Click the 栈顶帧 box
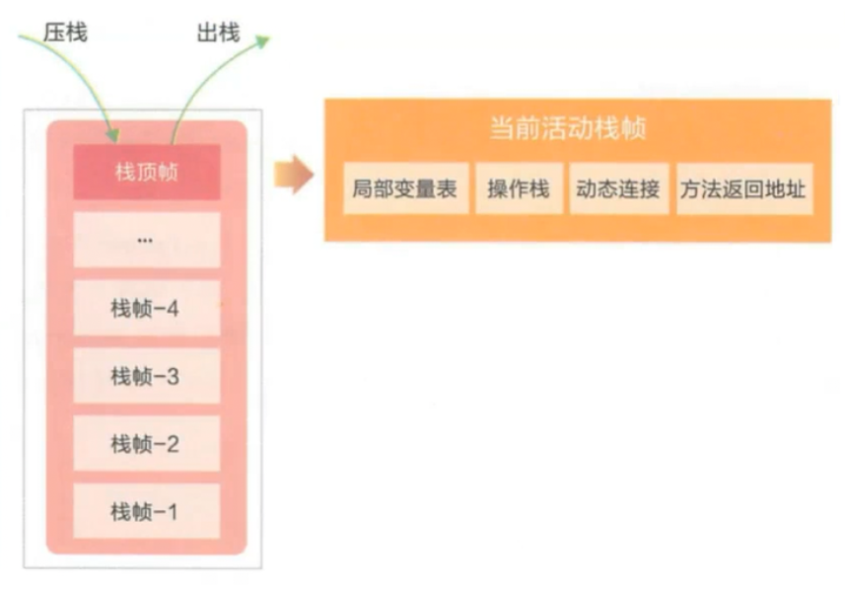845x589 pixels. tap(146, 172)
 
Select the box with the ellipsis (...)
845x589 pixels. tap(146, 240)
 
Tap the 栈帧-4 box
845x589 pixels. tap(146, 308)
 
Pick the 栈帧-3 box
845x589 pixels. tap(146, 376)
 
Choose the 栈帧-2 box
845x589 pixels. tap(146, 444)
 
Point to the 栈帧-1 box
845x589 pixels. tap(146, 512)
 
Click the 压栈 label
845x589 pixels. tap(65, 33)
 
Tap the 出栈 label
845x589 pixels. tap(218, 33)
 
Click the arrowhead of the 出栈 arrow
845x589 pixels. tap(262, 40)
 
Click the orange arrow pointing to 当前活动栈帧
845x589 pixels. tap(293, 176)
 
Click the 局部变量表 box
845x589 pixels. tap(404, 189)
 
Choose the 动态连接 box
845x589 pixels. tap(617, 189)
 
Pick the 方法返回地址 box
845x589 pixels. tap(743, 189)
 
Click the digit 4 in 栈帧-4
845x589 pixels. tap(174, 308)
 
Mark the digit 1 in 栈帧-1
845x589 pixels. tap(174, 512)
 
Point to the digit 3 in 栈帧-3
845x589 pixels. tap(174, 376)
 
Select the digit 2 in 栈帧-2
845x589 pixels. tap(174, 444)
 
